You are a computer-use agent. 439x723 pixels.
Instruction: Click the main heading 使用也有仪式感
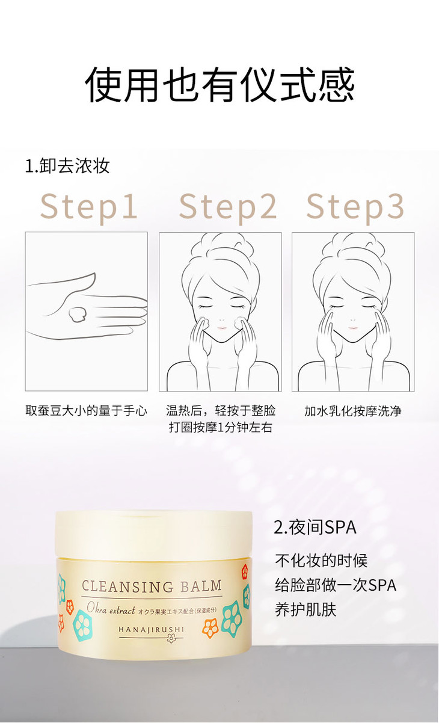(x=220, y=85)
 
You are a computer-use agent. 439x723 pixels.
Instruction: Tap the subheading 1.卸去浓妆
(x=67, y=166)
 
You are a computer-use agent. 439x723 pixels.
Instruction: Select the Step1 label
(x=89, y=206)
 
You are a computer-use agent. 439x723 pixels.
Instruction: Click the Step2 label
(x=228, y=206)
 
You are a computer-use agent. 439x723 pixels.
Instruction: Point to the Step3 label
(x=355, y=206)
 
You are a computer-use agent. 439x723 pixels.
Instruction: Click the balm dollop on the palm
(x=77, y=314)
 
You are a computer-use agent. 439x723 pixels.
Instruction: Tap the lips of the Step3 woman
(x=353, y=328)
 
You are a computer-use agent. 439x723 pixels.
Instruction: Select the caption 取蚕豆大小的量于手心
(x=86, y=411)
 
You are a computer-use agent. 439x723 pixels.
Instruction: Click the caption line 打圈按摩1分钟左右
(x=221, y=427)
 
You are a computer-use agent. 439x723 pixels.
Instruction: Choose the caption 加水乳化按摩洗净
(x=353, y=411)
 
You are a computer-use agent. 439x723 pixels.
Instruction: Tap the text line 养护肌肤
(x=305, y=610)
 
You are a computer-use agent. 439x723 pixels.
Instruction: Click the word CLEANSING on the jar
(x=127, y=586)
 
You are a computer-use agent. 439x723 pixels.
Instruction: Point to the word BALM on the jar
(x=201, y=585)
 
